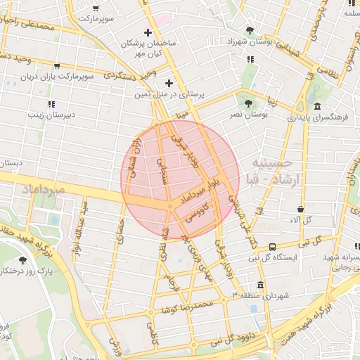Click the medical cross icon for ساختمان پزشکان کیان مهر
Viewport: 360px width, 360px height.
click(x=147, y=32)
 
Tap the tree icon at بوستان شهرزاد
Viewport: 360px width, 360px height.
click(x=251, y=30)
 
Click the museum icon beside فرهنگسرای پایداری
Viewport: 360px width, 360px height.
click(x=318, y=107)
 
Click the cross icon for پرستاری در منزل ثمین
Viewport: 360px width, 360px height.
click(x=169, y=83)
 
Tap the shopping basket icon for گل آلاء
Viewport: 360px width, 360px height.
click(x=300, y=210)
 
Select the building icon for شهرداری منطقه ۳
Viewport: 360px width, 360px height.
click(x=261, y=286)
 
